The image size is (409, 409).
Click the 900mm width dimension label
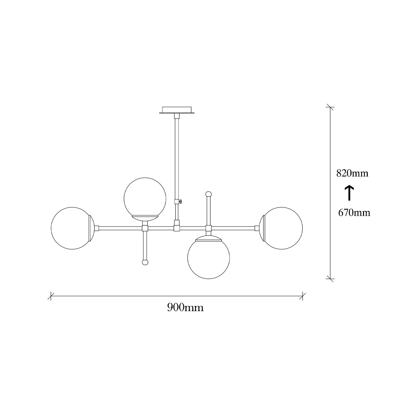coord(185,307)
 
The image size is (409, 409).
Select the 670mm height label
coord(354,213)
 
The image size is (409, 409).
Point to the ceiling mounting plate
coord(177,110)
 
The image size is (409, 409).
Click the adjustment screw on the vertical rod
coord(181,201)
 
